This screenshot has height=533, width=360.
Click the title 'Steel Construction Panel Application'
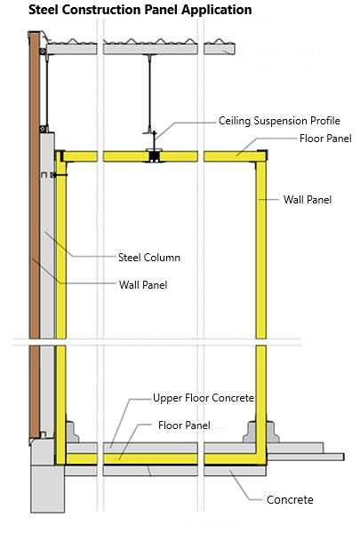click(140, 10)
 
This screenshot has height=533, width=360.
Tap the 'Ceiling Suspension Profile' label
click(279, 121)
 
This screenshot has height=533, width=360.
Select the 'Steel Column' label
click(149, 258)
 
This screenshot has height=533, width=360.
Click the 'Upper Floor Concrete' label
click(204, 398)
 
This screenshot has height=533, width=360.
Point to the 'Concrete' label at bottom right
click(290, 499)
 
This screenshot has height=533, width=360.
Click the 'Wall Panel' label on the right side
click(308, 200)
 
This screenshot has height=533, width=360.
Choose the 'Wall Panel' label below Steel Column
click(143, 284)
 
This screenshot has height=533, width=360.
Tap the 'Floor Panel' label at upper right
click(325, 139)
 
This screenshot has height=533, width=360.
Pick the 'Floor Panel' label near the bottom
click(184, 426)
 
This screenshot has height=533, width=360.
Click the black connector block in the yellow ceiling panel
click(154, 156)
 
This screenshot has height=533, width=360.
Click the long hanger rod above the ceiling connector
click(149, 92)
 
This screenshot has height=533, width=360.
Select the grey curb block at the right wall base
click(260, 432)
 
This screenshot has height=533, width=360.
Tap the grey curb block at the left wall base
click(72, 432)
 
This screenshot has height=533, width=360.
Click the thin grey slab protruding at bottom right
click(306, 457)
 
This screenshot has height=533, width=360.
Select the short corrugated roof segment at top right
click(220, 47)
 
